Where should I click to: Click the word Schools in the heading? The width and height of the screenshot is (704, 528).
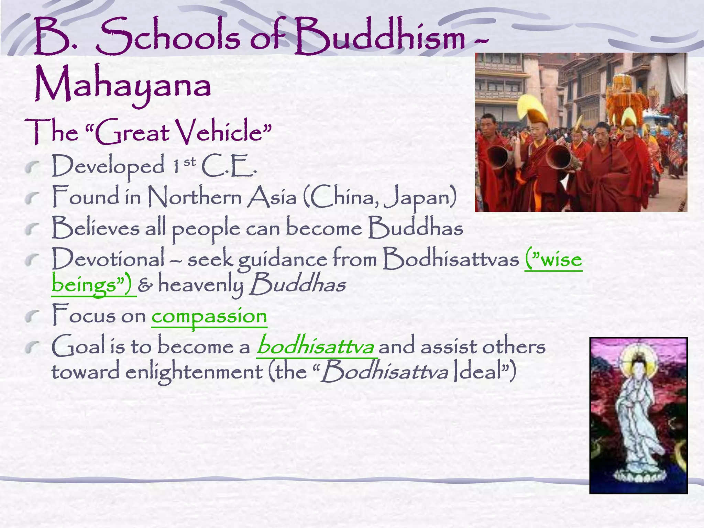point(168,37)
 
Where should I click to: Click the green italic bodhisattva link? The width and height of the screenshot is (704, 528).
point(315,346)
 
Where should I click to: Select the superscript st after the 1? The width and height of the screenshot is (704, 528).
point(189,161)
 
